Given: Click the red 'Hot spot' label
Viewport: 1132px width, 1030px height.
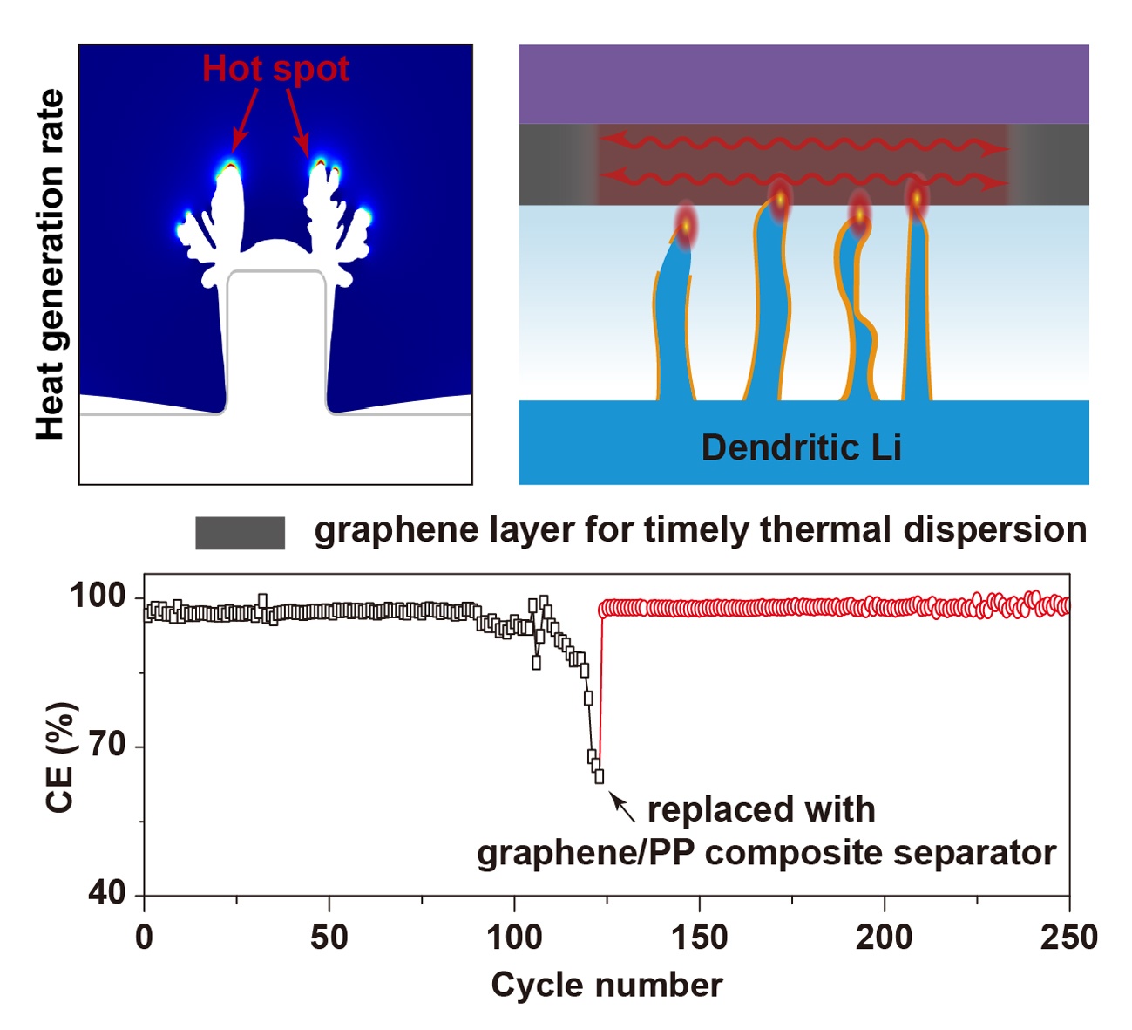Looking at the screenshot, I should pyautogui.click(x=275, y=69).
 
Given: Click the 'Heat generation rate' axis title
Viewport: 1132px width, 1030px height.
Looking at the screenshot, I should pyautogui.click(x=51, y=264).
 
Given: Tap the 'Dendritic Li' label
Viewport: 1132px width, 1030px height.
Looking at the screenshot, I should pyautogui.click(x=801, y=447).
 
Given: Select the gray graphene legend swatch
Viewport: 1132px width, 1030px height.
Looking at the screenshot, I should pyautogui.click(x=240, y=533).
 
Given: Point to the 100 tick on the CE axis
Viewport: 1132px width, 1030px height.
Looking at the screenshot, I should pyautogui.click(x=97, y=597).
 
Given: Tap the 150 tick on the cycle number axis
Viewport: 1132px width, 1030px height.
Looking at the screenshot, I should pyautogui.click(x=699, y=938).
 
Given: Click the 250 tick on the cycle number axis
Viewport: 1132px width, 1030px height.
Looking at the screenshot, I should pyautogui.click(x=1068, y=938).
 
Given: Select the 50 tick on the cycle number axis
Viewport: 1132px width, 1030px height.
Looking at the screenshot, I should pyautogui.click(x=329, y=938).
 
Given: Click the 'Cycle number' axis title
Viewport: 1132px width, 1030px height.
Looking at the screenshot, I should pyautogui.click(x=607, y=985).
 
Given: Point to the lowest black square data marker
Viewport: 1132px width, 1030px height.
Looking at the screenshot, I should pyautogui.click(x=599, y=776).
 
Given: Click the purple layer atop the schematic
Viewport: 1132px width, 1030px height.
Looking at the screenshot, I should pyautogui.click(x=803, y=84).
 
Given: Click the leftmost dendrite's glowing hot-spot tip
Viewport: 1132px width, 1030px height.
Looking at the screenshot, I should pyautogui.click(x=687, y=226).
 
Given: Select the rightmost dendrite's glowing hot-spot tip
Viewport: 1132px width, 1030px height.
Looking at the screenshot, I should pyautogui.click(x=917, y=199).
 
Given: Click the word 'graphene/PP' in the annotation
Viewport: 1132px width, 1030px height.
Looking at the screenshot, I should pyautogui.click(x=585, y=853).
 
